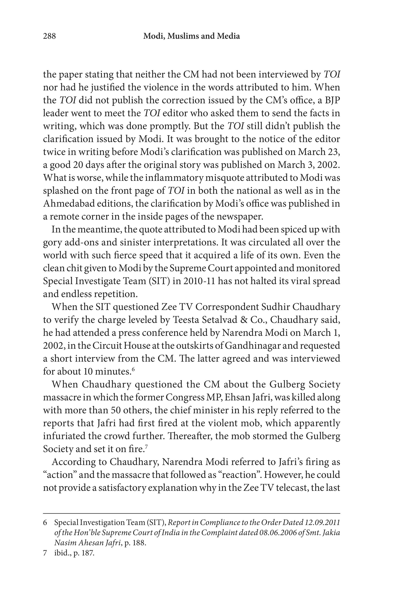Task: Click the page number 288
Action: pyautogui.click(x=49, y=36)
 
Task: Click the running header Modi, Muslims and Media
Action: pyautogui.click(x=191, y=36)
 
